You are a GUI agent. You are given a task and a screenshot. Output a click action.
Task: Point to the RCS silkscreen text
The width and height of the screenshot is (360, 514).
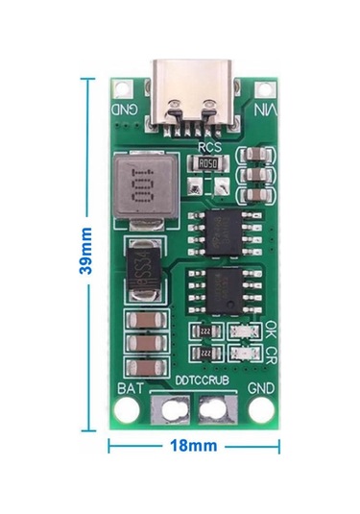tap(209, 147)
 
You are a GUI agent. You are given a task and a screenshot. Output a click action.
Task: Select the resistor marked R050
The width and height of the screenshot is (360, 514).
tap(208, 163)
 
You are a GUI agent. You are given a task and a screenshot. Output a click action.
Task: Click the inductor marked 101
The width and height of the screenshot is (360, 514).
tap(140, 185)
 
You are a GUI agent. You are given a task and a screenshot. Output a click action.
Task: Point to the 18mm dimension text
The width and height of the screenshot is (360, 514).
tap(193, 447)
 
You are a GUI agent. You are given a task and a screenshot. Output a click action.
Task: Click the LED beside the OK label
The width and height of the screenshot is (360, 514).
tap(248, 331)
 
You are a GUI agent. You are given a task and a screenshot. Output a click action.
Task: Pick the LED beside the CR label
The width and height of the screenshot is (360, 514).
tap(248, 355)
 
